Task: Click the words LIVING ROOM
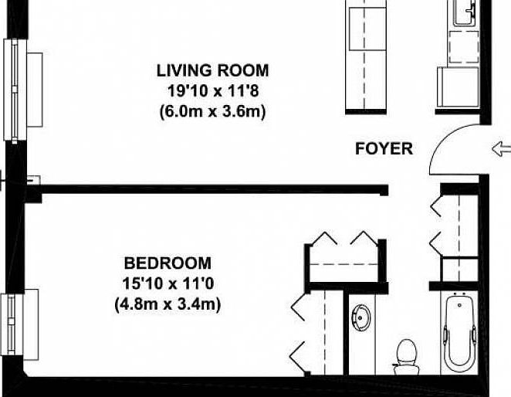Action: [x=213, y=71]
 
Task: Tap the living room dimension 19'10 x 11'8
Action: [x=213, y=90]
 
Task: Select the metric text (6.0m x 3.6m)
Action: [x=213, y=110]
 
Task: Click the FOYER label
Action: [x=384, y=149]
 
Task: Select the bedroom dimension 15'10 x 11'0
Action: [x=168, y=283]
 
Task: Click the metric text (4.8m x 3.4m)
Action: [x=168, y=304]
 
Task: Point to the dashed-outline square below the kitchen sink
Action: [x=463, y=47]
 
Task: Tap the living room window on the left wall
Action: [x=13, y=90]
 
